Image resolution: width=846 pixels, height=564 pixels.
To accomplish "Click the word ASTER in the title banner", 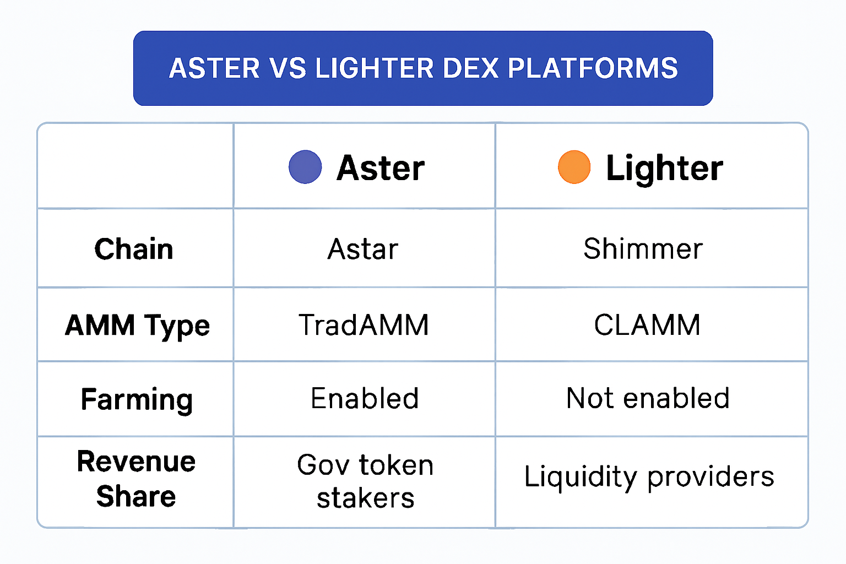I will click(x=214, y=68).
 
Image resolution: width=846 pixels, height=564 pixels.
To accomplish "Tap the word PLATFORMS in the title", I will click(x=593, y=68).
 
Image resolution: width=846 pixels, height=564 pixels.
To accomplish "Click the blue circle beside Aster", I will click(x=305, y=167).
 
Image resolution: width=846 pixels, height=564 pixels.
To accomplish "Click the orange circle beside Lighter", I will click(x=574, y=167).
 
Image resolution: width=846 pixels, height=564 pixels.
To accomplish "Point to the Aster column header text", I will click(x=381, y=168).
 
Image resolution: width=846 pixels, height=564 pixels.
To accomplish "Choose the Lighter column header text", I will click(x=664, y=168).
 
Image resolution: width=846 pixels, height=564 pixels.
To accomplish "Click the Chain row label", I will click(x=134, y=249).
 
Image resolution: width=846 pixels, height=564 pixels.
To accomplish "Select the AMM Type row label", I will click(x=137, y=325).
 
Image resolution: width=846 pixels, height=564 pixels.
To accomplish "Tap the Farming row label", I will click(x=137, y=399).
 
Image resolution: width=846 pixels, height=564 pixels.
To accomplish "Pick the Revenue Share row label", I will click(x=136, y=479).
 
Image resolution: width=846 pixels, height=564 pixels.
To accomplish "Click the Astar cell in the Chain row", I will click(x=363, y=249).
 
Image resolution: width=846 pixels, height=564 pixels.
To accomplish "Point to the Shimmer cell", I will click(x=643, y=249).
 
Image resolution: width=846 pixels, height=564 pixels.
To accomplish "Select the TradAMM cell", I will click(x=364, y=324).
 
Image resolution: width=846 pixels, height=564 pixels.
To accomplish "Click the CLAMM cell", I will click(x=647, y=324).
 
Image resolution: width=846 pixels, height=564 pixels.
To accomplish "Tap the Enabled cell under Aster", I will click(x=365, y=398).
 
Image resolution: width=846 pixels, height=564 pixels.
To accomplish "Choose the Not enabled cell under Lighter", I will click(x=648, y=398).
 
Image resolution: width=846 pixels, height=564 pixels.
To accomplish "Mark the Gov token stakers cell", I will click(x=365, y=481).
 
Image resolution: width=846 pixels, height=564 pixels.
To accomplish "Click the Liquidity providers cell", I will click(x=649, y=477).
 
